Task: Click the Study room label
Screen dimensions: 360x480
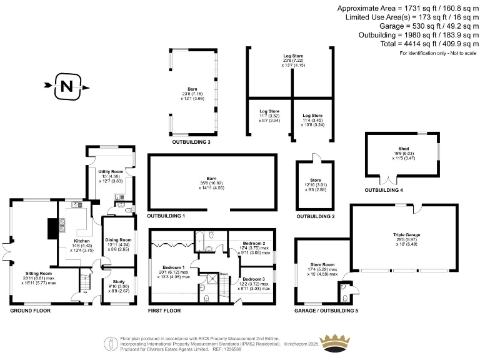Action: (x=118, y=281)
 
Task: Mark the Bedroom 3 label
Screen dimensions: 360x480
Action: (x=254, y=279)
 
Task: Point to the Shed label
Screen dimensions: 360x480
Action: (x=404, y=149)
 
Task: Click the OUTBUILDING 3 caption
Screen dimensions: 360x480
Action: (x=191, y=142)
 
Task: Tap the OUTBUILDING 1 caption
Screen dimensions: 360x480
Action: (x=166, y=216)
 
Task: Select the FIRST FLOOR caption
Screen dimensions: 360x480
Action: (x=164, y=310)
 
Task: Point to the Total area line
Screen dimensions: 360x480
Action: (x=406, y=44)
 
